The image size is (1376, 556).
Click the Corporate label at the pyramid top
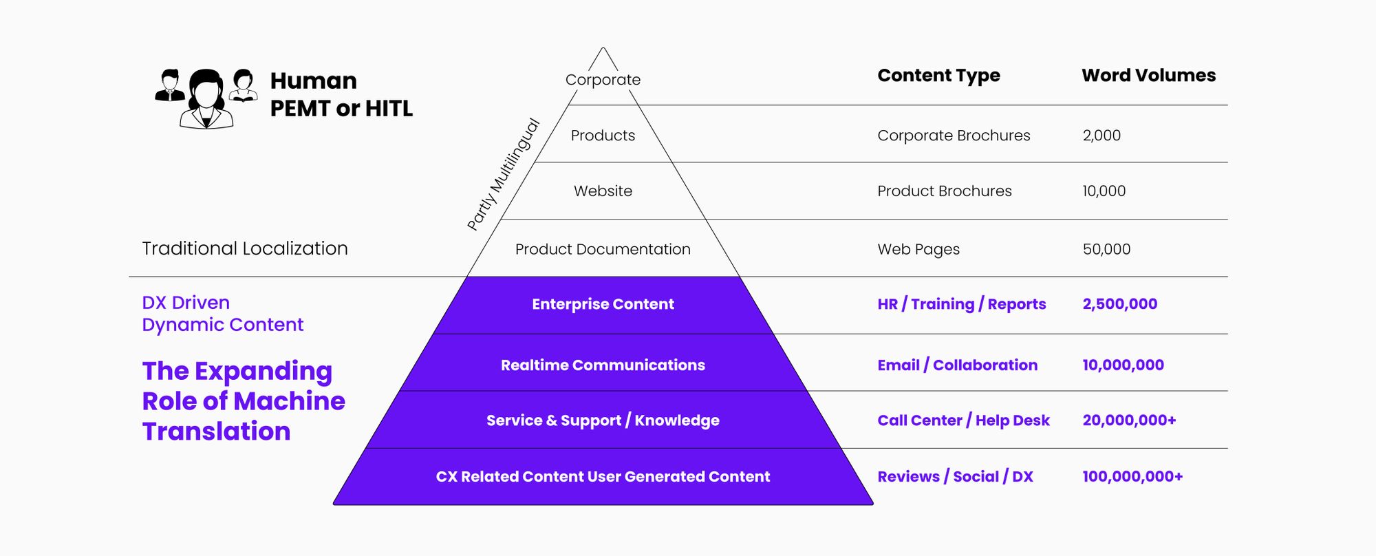click(603, 80)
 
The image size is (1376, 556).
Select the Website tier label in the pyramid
click(603, 191)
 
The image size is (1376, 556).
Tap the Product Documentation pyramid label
click(603, 249)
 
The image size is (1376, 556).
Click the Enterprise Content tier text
click(603, 304)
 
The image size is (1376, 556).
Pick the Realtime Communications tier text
click(603, 365)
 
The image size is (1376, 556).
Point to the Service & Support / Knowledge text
click(603, 420)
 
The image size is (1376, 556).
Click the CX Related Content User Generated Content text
click(603, 477)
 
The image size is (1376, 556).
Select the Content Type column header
click(938, 76)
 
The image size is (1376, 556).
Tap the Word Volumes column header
click(1148, 76)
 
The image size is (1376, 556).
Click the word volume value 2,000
click(1101, 136)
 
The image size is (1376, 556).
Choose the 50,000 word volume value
click(1106, 249)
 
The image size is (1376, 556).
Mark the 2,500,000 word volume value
click(1120, 304)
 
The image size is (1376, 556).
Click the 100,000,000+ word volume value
click(1132, 477)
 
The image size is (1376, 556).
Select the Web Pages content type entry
click(918, 249)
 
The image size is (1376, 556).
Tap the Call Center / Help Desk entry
click(963, 420)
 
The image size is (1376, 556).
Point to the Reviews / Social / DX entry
click(955, 477)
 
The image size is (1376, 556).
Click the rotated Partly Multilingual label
click(504, 174)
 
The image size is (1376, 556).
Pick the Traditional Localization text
click(245, 248)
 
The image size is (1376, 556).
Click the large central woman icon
click(206, 99)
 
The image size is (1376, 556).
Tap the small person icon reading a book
click(243, 85)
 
